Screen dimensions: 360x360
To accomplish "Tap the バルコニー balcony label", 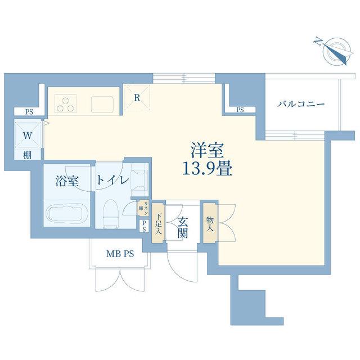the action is tap(300, 105).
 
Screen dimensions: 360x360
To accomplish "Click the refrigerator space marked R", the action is tap(137, 97).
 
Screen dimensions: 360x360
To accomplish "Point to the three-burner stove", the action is tap(65, 103).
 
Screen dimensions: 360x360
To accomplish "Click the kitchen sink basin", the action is tap(102, 105).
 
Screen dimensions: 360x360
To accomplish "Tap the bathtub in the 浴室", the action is tap(65, 214).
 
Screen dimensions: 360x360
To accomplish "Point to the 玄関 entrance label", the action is tap(182, 227).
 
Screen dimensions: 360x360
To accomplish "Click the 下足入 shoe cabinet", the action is tap(158, 223).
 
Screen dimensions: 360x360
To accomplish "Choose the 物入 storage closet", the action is tap(210, 223).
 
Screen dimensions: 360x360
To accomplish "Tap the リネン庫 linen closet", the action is tap(143, 208).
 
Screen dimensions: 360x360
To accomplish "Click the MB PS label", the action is tap(120, 254).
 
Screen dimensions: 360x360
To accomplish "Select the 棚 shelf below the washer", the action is tap(28, 155).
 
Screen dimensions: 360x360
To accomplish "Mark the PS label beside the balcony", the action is tap(240, 110).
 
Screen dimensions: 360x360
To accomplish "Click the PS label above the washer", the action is tap(29, 112).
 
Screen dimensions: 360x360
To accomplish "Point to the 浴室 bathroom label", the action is tap(67, 181).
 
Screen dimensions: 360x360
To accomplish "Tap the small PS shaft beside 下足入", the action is tap(144, 226).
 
